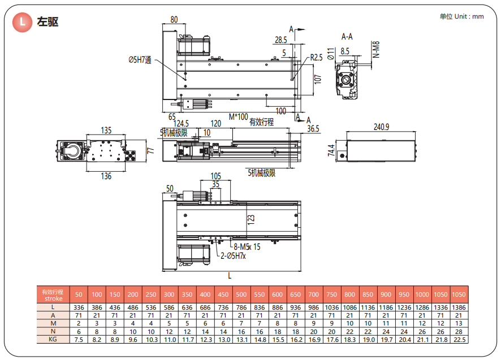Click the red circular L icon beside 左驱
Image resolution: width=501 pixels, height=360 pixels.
click(22, 23)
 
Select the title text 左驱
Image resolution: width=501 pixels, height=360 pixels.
click(47, 23)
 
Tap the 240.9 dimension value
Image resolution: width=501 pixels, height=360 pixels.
click(381, 127)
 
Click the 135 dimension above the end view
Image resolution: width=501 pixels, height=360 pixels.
click(106, 131)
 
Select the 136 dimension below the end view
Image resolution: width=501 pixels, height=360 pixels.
click(106, 176)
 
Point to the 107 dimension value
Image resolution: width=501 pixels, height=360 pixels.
click(317, 79)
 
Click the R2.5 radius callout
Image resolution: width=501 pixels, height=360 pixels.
click(316, 58)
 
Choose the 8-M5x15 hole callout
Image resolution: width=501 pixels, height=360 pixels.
click(247, 246)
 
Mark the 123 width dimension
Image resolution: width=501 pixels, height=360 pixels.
click(251, 217)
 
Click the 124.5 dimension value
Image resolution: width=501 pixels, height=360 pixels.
click(181, 124)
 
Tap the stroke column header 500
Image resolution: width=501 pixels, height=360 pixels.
click(241, 294)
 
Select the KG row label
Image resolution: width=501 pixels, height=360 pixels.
click(53, 339)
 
